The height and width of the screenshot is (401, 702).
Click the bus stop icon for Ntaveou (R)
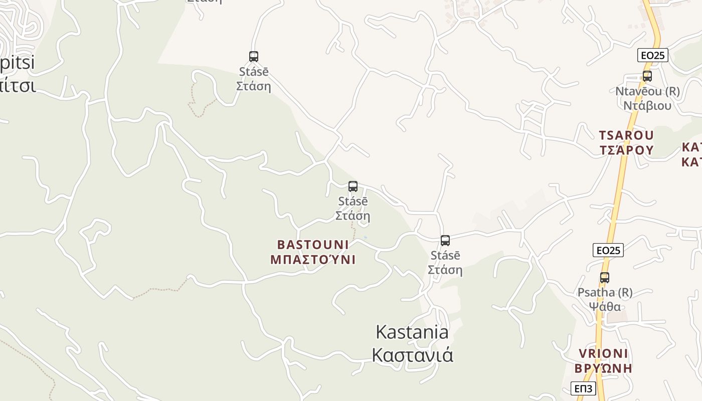coord(647,76)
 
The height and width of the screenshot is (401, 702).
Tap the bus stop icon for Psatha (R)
coord(605,277)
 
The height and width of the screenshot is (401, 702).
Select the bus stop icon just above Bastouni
coord(353,186)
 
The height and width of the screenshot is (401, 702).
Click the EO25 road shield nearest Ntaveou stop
coord(653,55)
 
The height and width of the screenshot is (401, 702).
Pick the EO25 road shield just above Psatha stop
coord(608,250)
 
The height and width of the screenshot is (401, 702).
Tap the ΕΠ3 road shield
coord(584,388)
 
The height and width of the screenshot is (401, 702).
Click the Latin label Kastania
coord(412,332)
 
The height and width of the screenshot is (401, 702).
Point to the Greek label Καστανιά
coord(412,355)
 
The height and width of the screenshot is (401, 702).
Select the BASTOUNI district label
coord(313,245)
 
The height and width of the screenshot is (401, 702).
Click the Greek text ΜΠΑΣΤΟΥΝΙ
coord(313,260)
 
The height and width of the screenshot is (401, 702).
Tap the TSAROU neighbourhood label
coord(626,135)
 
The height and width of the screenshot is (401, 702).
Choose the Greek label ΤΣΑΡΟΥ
coord(626,150)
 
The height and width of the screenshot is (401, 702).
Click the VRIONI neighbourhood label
coord(603,353)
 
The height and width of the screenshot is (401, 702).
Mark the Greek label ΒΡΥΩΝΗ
coord(603,368)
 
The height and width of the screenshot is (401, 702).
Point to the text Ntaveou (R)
coord(647,91)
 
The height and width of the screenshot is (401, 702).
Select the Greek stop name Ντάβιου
coord(647,106)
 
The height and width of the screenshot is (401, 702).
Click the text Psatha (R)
coord(605,292)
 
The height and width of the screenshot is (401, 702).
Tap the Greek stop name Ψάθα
coord(605,306)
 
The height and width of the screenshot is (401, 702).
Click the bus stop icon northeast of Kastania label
coord(445,241)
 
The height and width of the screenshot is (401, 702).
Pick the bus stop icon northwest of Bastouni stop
coord(254,57)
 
